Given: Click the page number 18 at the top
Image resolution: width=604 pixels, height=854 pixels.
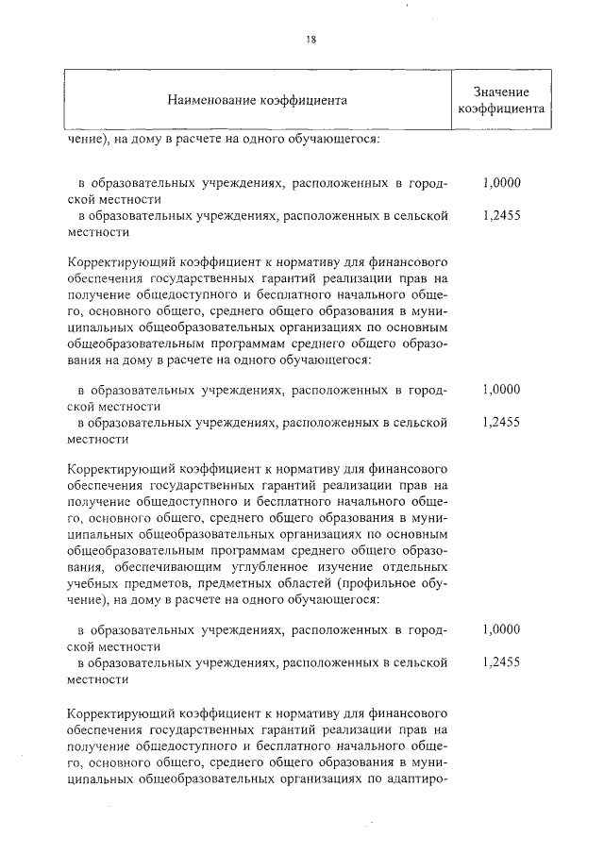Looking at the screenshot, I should click(x=310, y=39).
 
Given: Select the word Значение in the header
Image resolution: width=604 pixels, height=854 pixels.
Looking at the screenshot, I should click(x=500, y=91).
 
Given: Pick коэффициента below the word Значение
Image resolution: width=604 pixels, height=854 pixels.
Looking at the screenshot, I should click(x=500, y=109).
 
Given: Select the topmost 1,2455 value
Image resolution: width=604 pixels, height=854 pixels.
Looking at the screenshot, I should click(x=500, y=215).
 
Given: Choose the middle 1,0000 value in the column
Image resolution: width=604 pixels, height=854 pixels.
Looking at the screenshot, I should click(x=500, y=389).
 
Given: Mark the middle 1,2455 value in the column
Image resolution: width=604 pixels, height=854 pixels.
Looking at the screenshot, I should click(x=500, y=422).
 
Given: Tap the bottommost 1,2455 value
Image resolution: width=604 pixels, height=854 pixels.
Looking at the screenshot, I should click(x=500, y=662).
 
